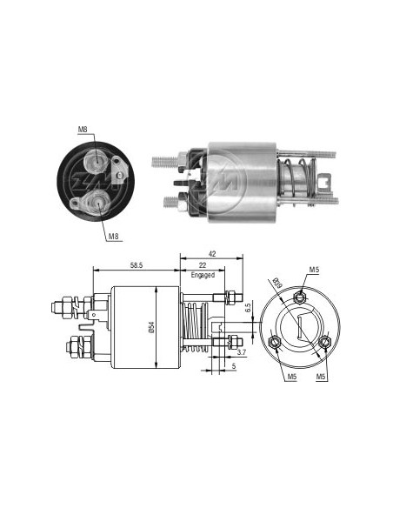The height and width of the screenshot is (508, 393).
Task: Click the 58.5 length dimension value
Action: click(137, 265)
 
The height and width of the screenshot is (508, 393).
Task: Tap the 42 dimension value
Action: click(212, 254)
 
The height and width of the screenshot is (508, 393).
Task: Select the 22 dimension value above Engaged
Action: click(203, 265)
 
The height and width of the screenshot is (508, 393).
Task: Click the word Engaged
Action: click(203, 275)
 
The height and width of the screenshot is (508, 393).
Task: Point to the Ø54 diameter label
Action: click(152, 327)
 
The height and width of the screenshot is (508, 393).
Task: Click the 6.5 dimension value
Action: click(249, 308)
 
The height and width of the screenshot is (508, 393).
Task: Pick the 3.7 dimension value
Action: click(241, 352)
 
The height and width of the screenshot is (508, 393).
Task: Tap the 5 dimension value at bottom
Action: click(234, 366)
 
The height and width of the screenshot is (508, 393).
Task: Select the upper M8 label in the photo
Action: click(83, 130)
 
